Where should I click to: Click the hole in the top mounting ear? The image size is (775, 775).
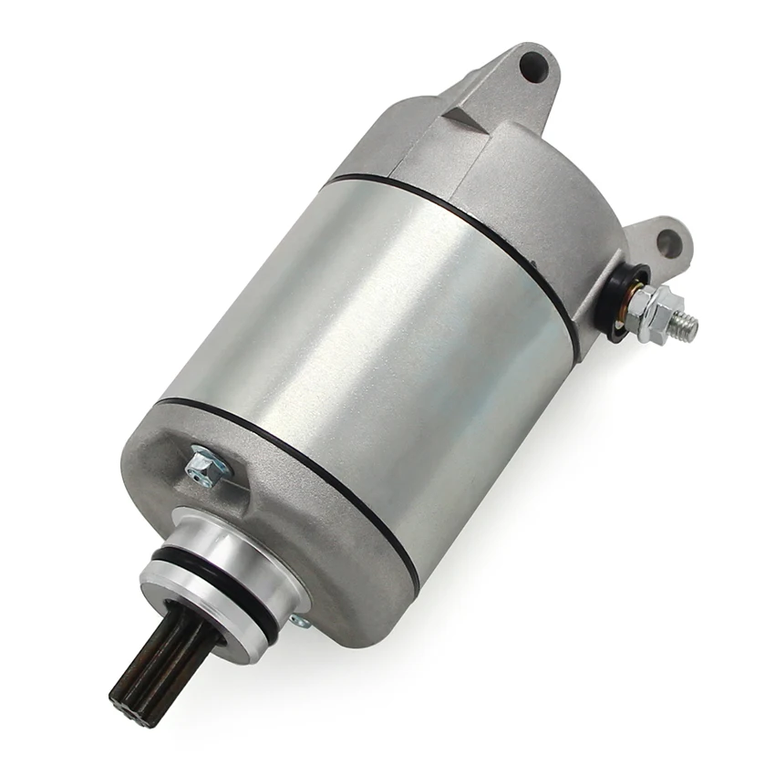tap(534, 66)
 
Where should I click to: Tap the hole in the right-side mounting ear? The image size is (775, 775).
tap(669, 243)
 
